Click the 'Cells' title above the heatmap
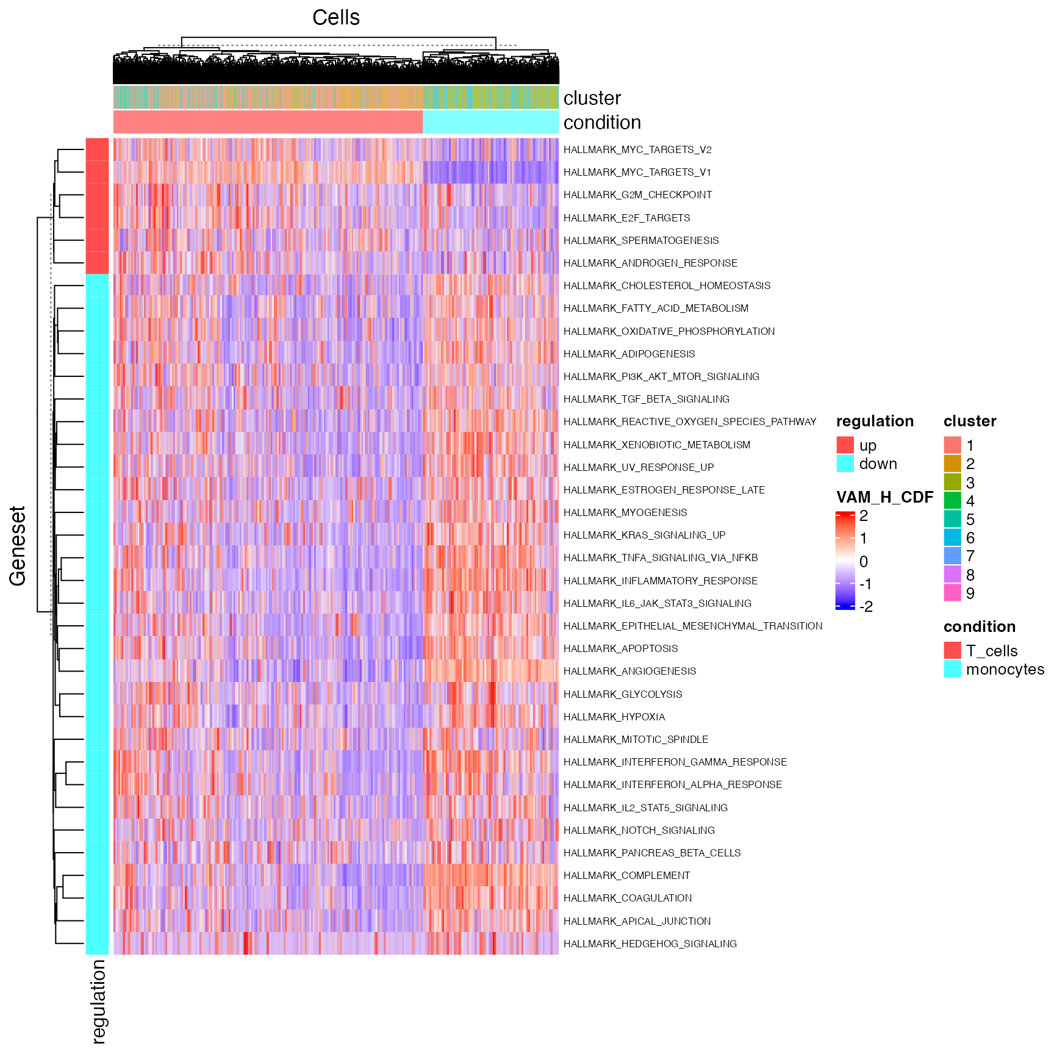pyautogui.click(x=336, y=18)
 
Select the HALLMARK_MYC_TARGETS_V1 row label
pyautogui.click(x=637, y=173)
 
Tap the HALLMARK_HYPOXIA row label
pyautogui.click(x=614, y=717)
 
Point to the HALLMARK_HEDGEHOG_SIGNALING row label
pyautogui.click(x=650, y=944)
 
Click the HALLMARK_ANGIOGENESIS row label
pyautogui.click(x=629, y=672)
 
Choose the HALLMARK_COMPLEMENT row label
pyautogui.click(x=626, y=876)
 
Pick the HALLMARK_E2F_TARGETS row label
pyautogui.click(x=626, y=218)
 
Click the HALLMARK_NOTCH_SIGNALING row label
pyautogui.click(x=639, y=831)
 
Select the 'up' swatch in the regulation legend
pyautogui.click(x=845, y=445)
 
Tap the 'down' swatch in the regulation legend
pyautogui.click(x=845, y=464)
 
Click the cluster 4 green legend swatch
pyautogui.click(x=952, y=501)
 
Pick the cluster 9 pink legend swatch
pyautogui.click(x=952, y=593)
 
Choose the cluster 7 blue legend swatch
pyautogui.click(x=952, y=556)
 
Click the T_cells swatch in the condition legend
pyautogui.click(x=952, y=651)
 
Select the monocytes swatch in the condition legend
pyautogui.click(x=952, y=669)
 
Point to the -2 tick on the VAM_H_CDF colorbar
pyautogui.click(x=866, y=607)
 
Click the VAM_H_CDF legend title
pyautogui.click(x=884, y=498)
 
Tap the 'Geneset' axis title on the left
pyautogui.click(x=18, y=546)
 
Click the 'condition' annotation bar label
pyautogui.click(x=602, y=123)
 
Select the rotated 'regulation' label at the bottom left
pyautogui.click(x=98, y=1001)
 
